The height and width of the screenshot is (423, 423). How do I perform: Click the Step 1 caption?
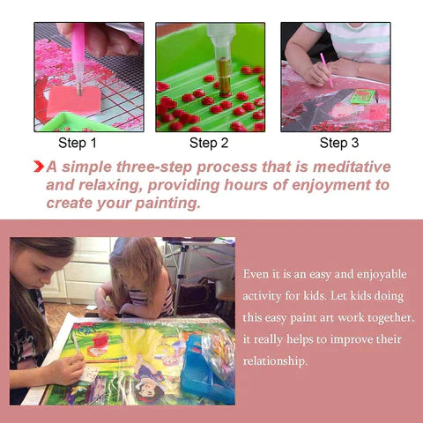pyautogui.click(x=78, y=143)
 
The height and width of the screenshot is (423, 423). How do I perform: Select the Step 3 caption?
pyautogui.click(x=339, y=143)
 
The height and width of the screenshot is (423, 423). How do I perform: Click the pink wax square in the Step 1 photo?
pyautogui.click(x=73, y=100)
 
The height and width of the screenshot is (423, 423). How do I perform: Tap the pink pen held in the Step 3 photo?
pyautogui.click(x=327, y=70)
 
